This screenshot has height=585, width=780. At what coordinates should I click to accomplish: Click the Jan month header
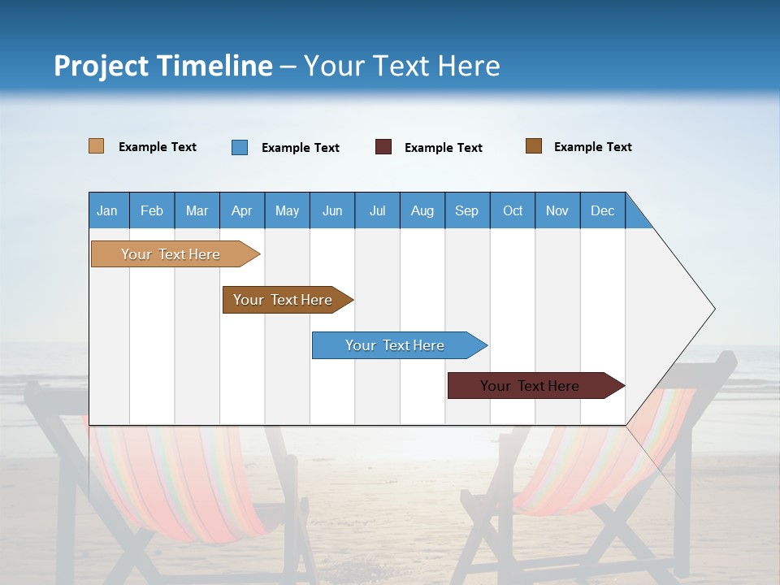[108, 210]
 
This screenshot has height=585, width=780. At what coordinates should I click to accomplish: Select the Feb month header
[152, 210]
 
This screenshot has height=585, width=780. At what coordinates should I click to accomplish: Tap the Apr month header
[241, 210]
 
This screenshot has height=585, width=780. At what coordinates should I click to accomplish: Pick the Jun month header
[332, 210]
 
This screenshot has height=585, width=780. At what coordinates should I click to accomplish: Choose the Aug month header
[422, 210]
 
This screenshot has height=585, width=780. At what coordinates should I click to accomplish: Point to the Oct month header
[513, 210]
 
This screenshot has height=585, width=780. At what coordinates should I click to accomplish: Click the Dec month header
[602, 210]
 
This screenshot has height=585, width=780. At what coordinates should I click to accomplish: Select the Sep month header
[466, 210]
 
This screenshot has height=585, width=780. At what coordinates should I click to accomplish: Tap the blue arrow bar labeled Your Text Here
[396, 345]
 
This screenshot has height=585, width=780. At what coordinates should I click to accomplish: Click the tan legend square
[97, 146]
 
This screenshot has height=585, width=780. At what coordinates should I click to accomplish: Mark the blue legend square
[240, 147]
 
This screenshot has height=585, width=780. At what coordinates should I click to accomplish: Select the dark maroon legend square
[383, 147]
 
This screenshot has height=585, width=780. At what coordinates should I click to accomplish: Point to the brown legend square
[534, 146]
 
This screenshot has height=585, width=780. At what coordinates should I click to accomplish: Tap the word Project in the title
[101, 66]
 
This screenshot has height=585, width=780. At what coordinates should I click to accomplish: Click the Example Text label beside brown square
[592, 147]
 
